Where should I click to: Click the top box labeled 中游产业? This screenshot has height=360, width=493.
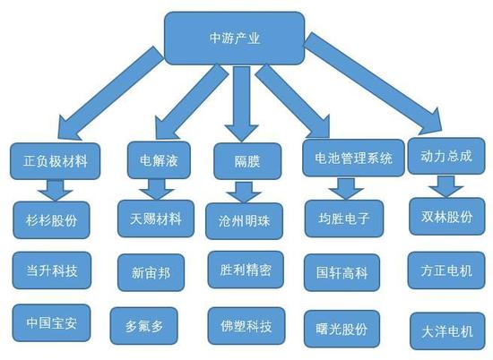[235, 39]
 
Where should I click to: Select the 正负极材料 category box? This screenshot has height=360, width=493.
[56, 161]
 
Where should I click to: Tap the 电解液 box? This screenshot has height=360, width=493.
[159, 160]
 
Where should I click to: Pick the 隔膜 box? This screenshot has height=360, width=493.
[247, 161]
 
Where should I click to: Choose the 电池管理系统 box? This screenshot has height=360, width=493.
[353, 158]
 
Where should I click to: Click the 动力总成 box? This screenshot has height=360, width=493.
[446, 156]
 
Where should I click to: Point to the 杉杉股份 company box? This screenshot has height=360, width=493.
[52, 220]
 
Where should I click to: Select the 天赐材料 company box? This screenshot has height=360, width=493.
[156, 219]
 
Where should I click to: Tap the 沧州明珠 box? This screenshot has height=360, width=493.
[245, 221]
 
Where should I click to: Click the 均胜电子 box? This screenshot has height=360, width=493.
[344, 219]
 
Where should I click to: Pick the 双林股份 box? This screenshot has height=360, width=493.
[447, 217]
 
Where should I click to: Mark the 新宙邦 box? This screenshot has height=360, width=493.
[151, 272]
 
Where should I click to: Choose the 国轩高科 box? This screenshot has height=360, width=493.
[342, 272]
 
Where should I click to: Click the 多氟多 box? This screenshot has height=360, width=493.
[144, 326]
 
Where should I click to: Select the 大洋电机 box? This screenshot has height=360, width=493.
[447, 331]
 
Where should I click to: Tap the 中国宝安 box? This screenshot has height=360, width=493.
[52, 323]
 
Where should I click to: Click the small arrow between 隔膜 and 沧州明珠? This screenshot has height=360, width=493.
[244, 193]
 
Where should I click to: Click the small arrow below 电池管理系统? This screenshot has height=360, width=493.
[347, 188]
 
